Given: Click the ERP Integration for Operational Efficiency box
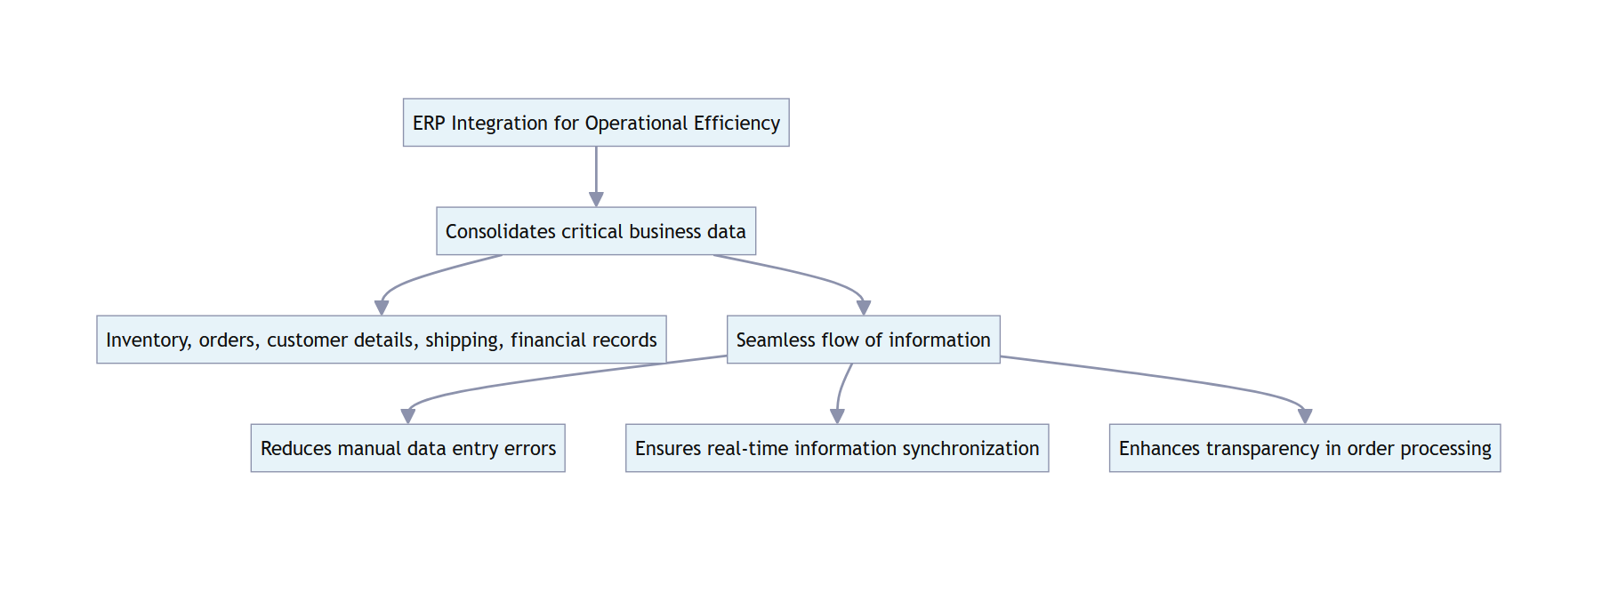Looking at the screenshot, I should click(x=596, y=123).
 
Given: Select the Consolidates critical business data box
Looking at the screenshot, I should click(x=596, y=231).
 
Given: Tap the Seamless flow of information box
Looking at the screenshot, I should click(x=863, y=340).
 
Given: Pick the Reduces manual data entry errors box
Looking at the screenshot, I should click(x=407, y=448).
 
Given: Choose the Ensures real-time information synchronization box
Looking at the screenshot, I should click(x=837, y=448).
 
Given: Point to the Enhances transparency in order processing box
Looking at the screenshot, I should click(x=1304, y=448).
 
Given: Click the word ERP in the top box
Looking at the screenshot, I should click(x=428, y=123).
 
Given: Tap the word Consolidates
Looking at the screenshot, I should click(x=500, y=231).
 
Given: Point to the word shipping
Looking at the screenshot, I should click(x=463, y=340).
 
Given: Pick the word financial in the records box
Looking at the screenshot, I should click(x=544, y=340).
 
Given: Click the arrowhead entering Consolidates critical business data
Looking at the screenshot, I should click(x=596, y=200).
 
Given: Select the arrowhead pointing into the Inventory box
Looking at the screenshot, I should click(x=382, y=308).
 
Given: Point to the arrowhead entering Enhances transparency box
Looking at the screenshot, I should click(x=1305, y=416).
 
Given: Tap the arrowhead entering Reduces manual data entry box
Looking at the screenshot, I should click(x=408, y=416).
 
